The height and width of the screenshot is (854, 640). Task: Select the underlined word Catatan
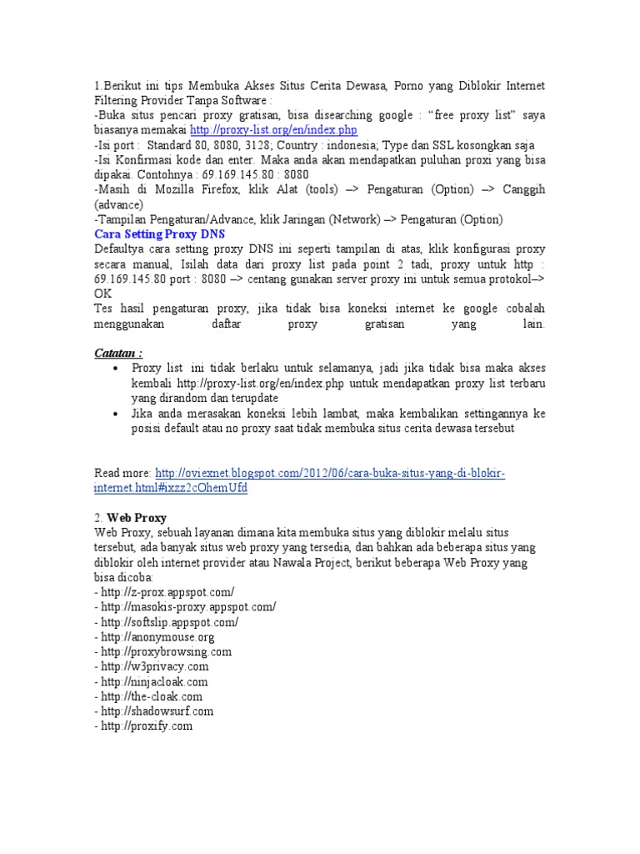[x=117, y=353]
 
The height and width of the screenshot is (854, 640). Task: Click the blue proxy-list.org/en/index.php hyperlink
[x=273, y=130]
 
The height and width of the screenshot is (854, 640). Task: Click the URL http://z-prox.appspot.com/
[x=167, y=592]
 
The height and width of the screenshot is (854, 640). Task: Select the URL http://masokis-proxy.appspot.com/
[x=187, y=607]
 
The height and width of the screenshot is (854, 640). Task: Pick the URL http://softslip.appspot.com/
[x=170, y=622]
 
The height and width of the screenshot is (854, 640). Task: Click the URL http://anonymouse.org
[x=158, y=637]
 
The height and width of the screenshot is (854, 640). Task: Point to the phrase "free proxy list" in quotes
[x=469, y=115]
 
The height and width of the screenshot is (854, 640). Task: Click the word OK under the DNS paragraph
[x=102, y=294]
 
